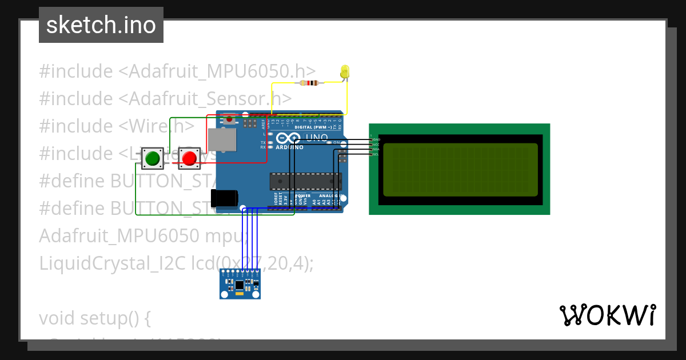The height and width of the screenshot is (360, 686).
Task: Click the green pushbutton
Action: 152,158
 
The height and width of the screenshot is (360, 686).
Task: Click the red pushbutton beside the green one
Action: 189,158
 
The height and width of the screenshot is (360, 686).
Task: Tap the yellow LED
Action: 345,72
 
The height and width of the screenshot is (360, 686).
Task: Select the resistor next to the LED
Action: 309,83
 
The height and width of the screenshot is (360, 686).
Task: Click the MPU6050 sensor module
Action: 240,284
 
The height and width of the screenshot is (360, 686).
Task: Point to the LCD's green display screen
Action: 460,169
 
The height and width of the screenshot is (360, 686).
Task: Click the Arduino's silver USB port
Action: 221,140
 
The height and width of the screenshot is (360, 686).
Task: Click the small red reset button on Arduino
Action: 229,119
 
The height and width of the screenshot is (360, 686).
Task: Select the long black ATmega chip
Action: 305,181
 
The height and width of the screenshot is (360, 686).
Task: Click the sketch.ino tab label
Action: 101,25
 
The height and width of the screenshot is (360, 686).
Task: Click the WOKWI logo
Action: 607,315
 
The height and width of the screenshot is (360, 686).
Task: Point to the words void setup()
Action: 95,318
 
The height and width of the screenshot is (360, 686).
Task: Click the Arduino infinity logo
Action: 288,138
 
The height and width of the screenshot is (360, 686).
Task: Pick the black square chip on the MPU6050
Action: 240,284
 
